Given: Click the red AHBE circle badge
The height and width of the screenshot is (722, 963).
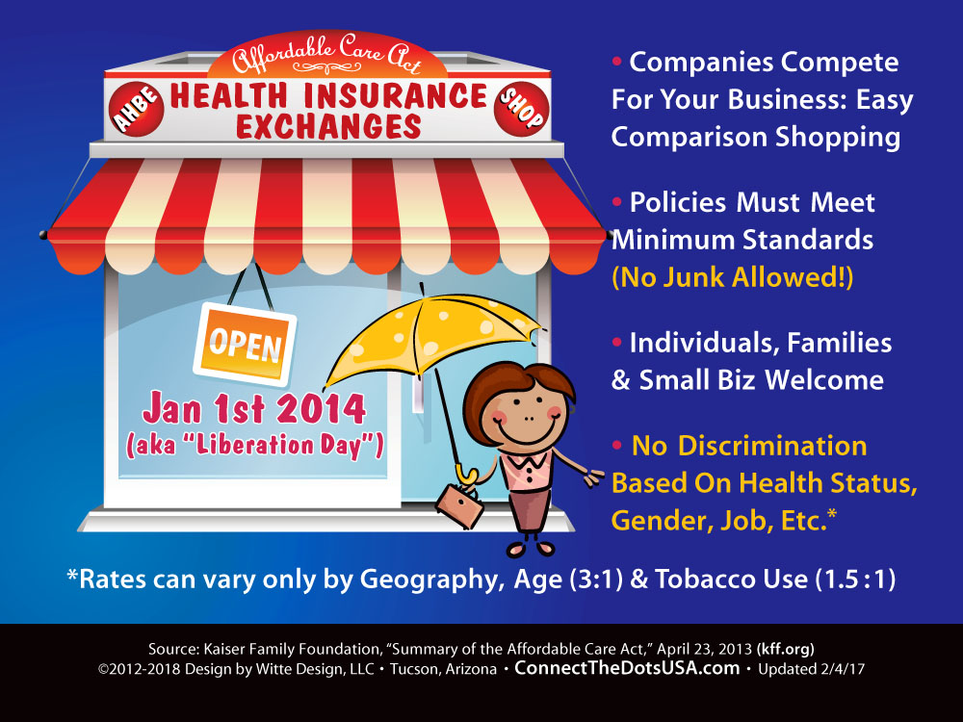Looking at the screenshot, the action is pos(137,109).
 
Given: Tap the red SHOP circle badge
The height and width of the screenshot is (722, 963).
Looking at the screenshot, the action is pos(521,109).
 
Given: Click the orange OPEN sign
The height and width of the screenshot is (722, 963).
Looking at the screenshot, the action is pos(245,345).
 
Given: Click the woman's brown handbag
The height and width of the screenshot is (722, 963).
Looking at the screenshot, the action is pos(459,505).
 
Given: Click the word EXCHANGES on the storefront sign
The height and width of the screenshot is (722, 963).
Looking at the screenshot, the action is pos(328,127).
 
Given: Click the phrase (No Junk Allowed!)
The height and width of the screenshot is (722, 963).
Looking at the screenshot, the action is pos(733,277).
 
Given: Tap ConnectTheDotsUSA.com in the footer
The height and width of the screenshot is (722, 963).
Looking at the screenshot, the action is pos(627,668).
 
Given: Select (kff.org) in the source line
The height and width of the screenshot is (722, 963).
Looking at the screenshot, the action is pos(786,649).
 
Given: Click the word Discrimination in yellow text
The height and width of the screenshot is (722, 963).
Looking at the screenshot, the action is pos(772,447).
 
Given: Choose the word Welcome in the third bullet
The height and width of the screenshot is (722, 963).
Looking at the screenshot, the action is pos(824,380).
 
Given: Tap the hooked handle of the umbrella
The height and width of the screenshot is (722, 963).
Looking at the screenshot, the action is pos(466,475).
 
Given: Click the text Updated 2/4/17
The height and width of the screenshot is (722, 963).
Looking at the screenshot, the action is pos(811,669).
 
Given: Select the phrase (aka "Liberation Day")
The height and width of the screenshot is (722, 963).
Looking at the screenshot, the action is pos(255,445).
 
